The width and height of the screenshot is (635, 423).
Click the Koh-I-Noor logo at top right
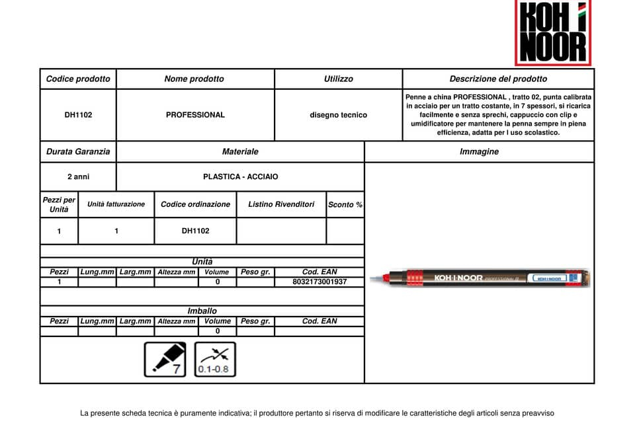coord(552,32)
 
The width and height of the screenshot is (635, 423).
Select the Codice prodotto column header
coord(78,79)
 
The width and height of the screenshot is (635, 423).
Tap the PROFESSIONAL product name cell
coord(195,115)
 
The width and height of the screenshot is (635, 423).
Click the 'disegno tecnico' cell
coord(338,115)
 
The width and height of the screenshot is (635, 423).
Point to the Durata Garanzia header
coord(78,151)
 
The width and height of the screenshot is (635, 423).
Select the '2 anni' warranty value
coord(78,177)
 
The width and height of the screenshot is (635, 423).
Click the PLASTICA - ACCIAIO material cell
coord(240,177)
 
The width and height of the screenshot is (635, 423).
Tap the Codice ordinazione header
coord(195,204)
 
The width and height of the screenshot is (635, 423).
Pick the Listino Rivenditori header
coord(281,204)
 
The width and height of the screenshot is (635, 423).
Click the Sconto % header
coord(345,205)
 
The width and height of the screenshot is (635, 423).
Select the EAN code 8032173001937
coord(319,282)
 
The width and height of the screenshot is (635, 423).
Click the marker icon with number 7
coord(165,360)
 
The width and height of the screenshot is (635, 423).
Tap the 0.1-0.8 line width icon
coord(215,360)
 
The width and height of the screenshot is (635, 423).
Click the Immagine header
coord(479,151)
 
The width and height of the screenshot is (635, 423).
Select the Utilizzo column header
coord(338,79)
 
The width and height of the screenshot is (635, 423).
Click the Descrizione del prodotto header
coord(498,79)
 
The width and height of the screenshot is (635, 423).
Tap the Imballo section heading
coord(202,311)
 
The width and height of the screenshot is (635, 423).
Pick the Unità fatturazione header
coord(116,204)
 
